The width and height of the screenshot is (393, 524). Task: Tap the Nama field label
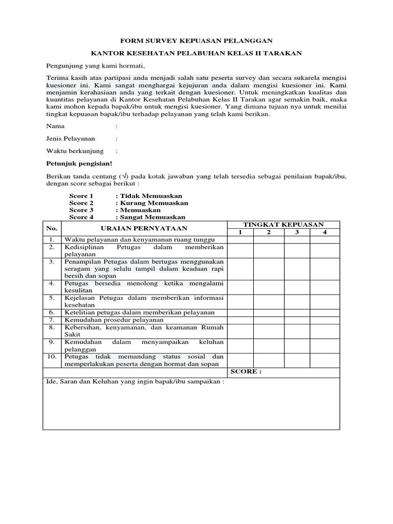point(55,125)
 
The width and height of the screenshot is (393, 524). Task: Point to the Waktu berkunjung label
point(75,151)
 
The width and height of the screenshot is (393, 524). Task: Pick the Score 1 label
point(81,196)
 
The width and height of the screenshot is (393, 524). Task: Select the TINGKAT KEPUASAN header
point(283,225)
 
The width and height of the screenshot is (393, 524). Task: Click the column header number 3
point(296,233)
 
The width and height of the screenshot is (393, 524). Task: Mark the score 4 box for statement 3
point(325,269)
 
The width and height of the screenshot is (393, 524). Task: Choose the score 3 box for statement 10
point(296,360)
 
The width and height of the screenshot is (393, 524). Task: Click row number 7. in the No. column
point(52,320)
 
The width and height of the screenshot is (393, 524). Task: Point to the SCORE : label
point(246,372)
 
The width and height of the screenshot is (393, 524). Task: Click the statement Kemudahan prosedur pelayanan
point(114,320)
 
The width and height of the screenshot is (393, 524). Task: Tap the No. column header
point(52,228)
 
